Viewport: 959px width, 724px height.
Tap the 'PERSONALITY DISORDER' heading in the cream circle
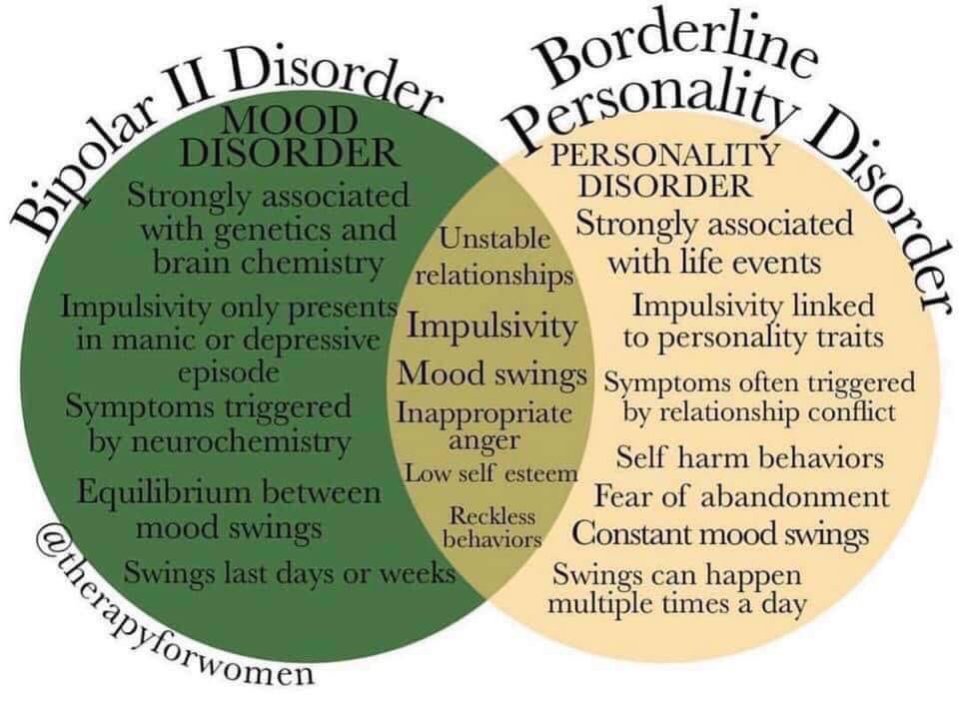click(x=664, y=170)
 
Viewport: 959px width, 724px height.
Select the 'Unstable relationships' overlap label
click(x=493, y=257)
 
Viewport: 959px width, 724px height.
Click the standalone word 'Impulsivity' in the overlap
click(x=492, y=327)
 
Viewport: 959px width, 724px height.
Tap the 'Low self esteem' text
click(x=490, y=471)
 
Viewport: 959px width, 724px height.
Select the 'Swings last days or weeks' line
click(x=290, y=573)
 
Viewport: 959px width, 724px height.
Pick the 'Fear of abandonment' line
click(x=741, y=496)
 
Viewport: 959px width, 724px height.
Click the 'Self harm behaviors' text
click(x=749, y=458)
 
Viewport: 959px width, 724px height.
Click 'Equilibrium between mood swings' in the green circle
click(x=229, y=508)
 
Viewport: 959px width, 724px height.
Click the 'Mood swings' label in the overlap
click(x=491, y=375)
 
